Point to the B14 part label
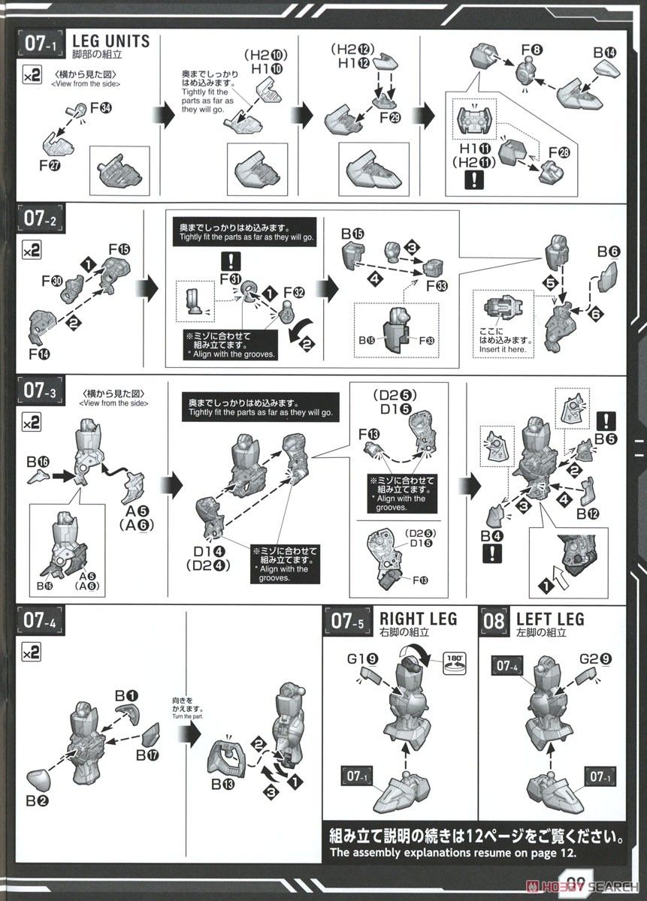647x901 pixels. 603,53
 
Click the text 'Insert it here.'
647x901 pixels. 504,349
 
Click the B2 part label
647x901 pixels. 36,801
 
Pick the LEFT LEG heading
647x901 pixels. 550,619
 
